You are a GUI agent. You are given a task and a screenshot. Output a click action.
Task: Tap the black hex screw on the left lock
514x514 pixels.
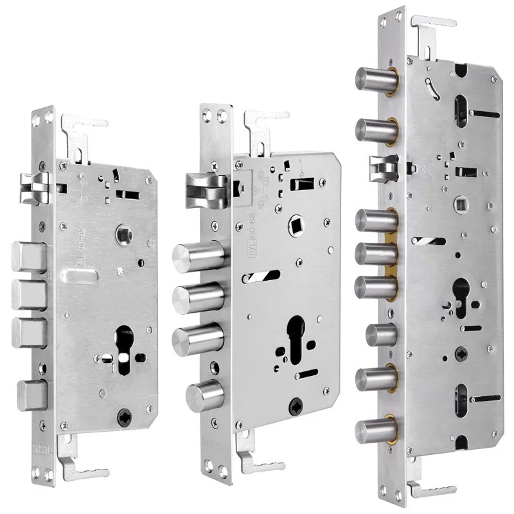coord(125,418)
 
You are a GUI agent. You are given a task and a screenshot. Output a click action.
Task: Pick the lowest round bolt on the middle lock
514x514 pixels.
coord(204,393)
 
